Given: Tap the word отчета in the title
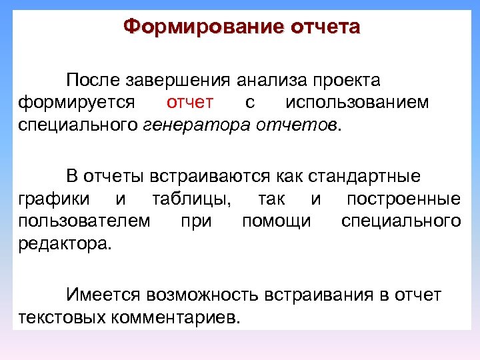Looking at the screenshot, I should point(325,27).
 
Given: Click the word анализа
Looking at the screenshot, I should point(273,81).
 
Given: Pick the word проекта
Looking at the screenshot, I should point(347,81).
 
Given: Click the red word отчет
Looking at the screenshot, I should point(190,103).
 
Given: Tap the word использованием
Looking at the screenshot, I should point(357,103).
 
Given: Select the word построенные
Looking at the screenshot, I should point(403,199).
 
